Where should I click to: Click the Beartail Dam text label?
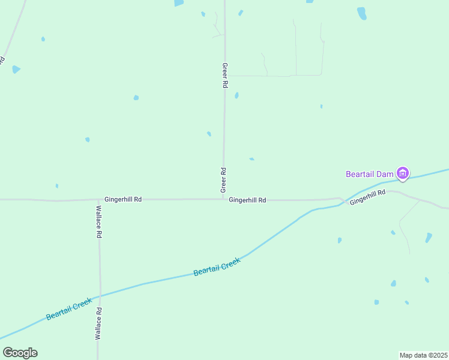[369, 174]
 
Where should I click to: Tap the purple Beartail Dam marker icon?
[403, 174]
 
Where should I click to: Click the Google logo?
[20, 353]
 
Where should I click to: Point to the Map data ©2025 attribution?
[423, 355]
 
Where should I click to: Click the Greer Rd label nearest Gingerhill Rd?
[223, 179]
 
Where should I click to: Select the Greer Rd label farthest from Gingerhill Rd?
[224, 76]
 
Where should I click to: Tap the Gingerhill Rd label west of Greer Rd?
[123, 199]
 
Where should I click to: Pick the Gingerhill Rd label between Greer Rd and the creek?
[247, 200]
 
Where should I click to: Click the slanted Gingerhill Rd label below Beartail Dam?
[367, 197]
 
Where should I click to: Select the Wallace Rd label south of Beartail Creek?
[98, 324]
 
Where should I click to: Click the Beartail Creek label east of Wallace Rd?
[217, 267]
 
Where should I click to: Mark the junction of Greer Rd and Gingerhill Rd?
[224, 199]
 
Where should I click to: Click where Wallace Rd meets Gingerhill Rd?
[98, 199]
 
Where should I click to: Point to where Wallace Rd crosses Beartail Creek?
[100, 295]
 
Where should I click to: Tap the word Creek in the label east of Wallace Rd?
[231, 263]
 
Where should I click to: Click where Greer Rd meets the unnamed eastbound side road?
[225, 76]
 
